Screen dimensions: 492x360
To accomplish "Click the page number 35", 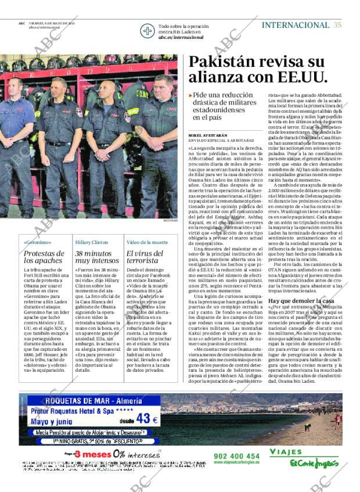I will [337, 25].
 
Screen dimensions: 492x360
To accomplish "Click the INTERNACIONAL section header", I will [295, 25].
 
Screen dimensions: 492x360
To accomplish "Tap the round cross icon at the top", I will [148, 31].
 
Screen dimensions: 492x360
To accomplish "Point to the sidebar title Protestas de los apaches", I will [44, 257].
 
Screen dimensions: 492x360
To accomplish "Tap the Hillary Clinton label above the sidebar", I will [92, 242].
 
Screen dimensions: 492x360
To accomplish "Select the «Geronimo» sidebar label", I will [38, 242].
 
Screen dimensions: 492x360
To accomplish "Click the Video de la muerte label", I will [147, 242].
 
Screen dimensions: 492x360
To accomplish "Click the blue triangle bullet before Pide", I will [190, 95].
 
